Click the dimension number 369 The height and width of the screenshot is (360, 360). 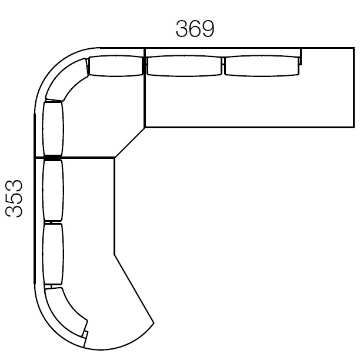195,29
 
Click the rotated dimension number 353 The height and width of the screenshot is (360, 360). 14,199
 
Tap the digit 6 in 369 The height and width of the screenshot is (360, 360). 195,29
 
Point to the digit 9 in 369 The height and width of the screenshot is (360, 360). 208,29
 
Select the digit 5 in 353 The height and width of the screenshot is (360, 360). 14,199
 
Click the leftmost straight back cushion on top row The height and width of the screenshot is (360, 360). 116,65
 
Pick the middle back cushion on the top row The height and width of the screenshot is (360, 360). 184,65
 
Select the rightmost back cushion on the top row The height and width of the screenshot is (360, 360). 262,65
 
